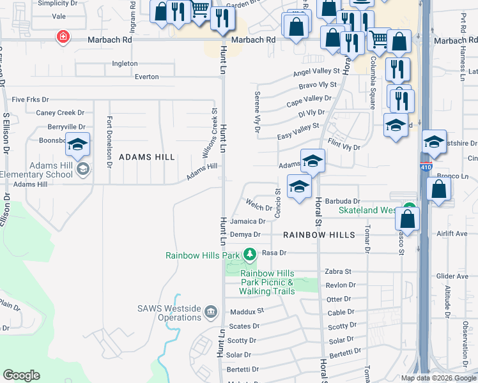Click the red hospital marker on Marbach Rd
(x=63, y=37)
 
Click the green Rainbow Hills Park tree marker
(x=249, y=255)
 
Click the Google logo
(x=21, y=375)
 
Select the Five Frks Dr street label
(x=30, y=100)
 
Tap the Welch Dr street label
(x=259, y=205)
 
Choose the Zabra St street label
(x=339, y=271)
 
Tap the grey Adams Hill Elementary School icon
(x=82, y=169)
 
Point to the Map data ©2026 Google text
(x=438, y=378)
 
